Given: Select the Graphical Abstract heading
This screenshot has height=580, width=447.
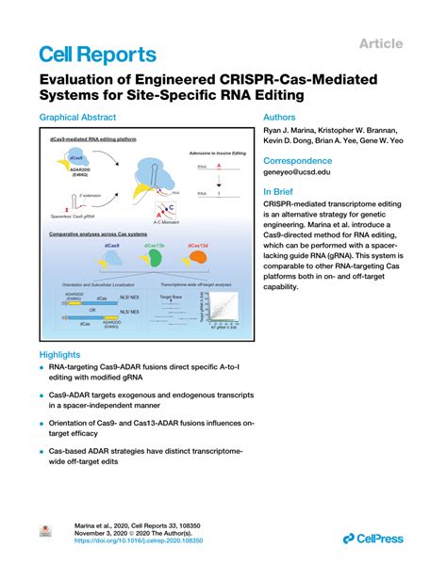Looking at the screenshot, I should point(77,118).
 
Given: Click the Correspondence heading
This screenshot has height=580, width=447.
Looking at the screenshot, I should point(299,160).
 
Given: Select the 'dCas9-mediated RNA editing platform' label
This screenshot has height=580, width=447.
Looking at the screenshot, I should point(93,138).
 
